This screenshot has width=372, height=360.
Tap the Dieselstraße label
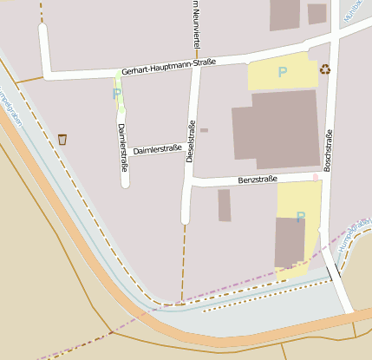[190, 138]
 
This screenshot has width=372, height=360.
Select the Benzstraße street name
[257, 180]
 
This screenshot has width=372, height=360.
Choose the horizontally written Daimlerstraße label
[158, 149]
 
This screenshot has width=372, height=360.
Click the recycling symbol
[324, 69]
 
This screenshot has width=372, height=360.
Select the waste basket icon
[62, 139]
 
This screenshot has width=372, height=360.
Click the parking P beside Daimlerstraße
[117, 93]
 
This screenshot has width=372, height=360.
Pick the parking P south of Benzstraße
[300, 217]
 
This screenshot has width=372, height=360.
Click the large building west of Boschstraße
[277, 129]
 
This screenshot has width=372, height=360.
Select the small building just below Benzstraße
[225, 206]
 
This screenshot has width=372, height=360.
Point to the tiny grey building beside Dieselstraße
[204, 130]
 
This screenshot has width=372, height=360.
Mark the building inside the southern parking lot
[290, 243]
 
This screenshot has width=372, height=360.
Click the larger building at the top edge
[285, 15]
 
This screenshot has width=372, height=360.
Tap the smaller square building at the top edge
[317, 13]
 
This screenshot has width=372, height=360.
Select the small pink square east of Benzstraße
[316, 177]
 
